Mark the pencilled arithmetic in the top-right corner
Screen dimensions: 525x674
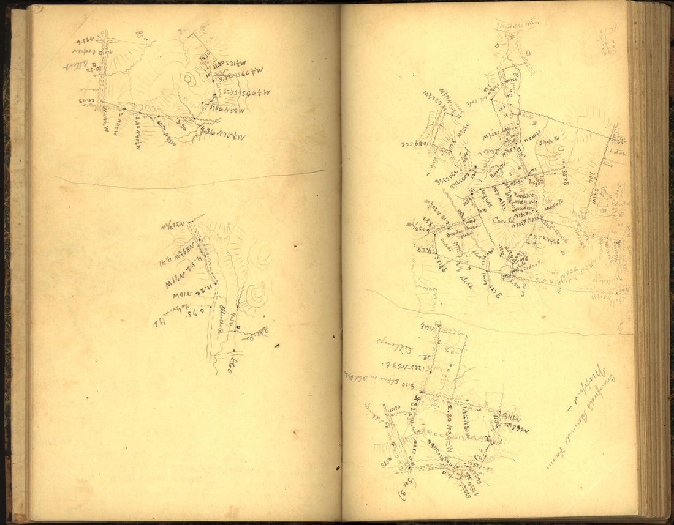[x=609, y=42]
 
